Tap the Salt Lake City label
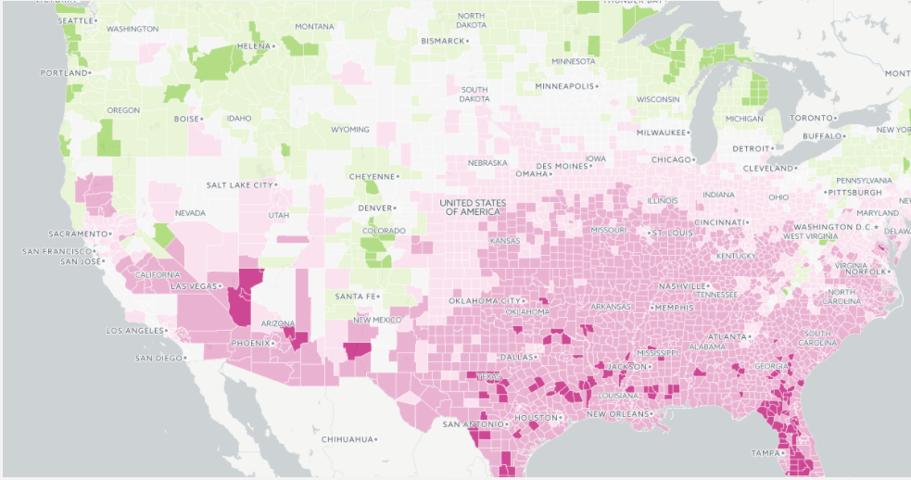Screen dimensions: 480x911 click(x=240, y=184)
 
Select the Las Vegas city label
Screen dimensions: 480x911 click(x=196, y=286)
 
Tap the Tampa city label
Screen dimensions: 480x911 click(x=765, y=452)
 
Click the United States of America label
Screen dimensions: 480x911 click(x=473, y=207)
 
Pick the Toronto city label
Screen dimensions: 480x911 click(x=812, y=118)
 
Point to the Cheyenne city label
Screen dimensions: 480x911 click(x=372, y=176)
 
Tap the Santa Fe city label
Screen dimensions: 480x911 click(x=356, y=296)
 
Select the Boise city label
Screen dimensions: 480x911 click(x=187, y=119)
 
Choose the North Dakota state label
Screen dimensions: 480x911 click(x=471, y=20)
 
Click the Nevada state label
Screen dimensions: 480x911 click(x=190, y=213)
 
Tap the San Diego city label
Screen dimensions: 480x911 click(x=156, y=358)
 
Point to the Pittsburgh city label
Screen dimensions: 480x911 click(x=853, y=192)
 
